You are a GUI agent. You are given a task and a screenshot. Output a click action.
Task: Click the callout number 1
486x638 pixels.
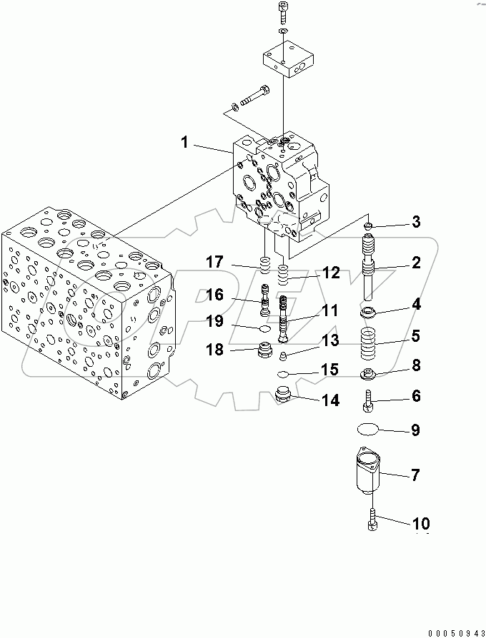click(x=184, y=143)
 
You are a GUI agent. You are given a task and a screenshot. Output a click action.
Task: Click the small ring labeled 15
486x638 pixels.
click(x=283, y=373)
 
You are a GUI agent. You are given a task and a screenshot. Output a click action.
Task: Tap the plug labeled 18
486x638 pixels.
click(x=265, y=350)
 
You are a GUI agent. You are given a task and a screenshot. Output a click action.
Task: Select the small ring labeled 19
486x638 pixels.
click(x=264, y=329)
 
